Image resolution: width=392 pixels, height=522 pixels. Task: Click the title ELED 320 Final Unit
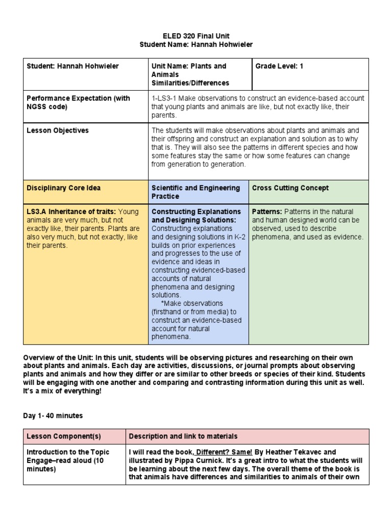[x=196, y=36]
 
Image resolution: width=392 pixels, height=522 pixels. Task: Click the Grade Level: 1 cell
[x=279, y=66]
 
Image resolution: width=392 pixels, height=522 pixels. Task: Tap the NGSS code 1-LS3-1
[x=165, y=98]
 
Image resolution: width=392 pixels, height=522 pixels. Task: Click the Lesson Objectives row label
[x=58, y=130]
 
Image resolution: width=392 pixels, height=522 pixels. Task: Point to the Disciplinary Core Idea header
[x=63, y=188]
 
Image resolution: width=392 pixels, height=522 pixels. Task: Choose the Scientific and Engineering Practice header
[x=195, y=192]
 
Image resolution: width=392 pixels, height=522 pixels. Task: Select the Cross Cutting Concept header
[x=290, y=188]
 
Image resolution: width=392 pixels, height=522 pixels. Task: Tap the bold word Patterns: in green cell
[x=267, y=212]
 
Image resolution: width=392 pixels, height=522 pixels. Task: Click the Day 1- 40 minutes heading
[x=53, y=416]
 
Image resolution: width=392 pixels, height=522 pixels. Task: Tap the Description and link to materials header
[x=183, y=436]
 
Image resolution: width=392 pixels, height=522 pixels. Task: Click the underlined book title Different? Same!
[x=224, y=452]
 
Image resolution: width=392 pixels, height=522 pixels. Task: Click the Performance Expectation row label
[x=78, y=98]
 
